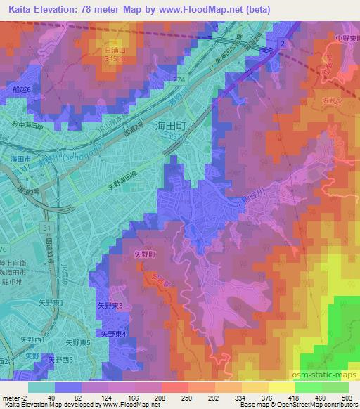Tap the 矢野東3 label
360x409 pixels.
[110, 306]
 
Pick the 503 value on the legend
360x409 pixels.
[347, 396]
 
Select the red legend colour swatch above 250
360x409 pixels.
[175, 387]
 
